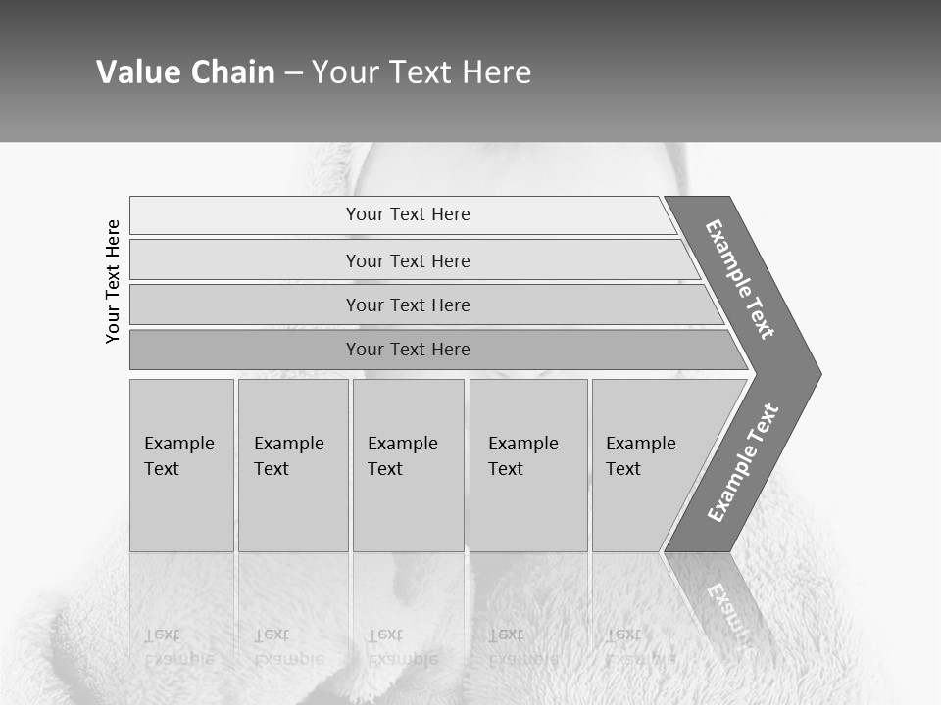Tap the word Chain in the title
click(x=233, y=72)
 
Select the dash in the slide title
click(x=293, y=73)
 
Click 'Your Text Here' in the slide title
click(x=421, y=72)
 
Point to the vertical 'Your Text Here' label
click(x=113, y=281)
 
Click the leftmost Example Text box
click(x=181, y=465)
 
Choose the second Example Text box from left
click(x=292, y=465)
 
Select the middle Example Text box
click(x=408, y=465)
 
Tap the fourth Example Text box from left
click(x=528, y=465)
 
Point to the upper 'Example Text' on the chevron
click(x=740, y=279)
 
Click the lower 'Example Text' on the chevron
click(x=743, y=462)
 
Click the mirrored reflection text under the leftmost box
click(x=179, y=646)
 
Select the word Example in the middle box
click(x=402, y=444)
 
